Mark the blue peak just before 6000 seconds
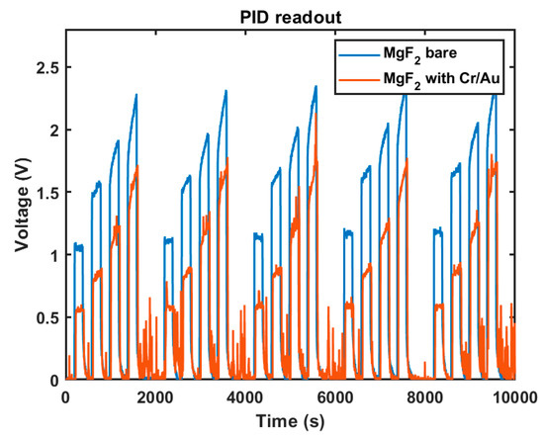pyautogui.click(x=316, y=87)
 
